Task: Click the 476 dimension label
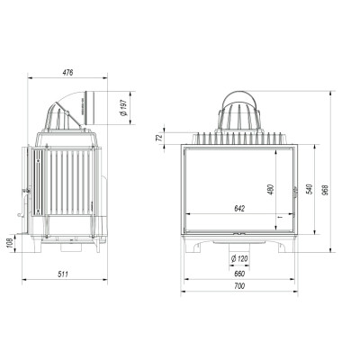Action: (67, 73)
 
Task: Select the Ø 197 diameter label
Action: (123, 108)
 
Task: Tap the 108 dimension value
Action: (9, 243)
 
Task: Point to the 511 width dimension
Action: (63, 274)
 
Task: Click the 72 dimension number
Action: (159, 138)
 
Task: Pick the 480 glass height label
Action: (271, 190)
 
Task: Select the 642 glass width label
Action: (239, 209)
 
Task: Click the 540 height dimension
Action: (310, 189)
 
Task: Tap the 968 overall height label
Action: (326, 190)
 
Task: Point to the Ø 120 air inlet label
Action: (239, 258)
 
